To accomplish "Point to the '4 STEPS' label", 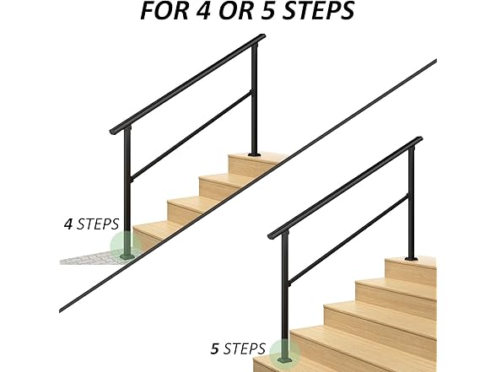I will click(x=92, y=225).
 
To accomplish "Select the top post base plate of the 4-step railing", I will click(x=255, y=155).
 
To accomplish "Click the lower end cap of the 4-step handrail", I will click(x=113, y=132).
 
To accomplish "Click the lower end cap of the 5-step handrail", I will click(x=272, y=234).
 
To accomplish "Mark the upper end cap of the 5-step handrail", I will click(x=418, y=140).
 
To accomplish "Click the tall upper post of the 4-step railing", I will click(x=254, y=101).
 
